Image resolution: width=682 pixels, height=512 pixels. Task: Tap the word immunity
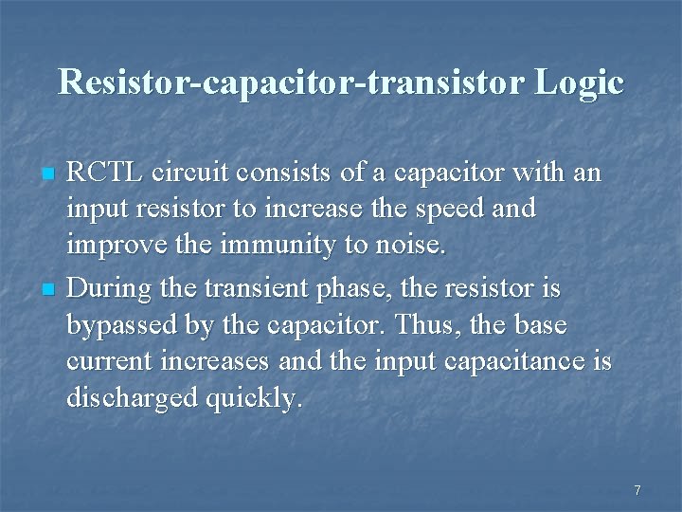pos(278,247)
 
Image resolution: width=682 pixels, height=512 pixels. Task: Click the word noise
pos(409,247)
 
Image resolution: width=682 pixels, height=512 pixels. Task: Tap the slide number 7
pos(637,490)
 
